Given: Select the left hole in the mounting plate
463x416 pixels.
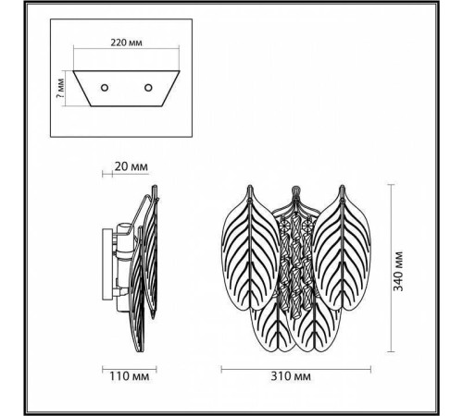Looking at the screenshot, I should click(x=104, y=87).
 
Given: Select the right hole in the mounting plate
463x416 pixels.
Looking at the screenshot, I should click(x=147, y=87).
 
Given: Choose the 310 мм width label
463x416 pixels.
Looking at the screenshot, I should click(x=290, y=377).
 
